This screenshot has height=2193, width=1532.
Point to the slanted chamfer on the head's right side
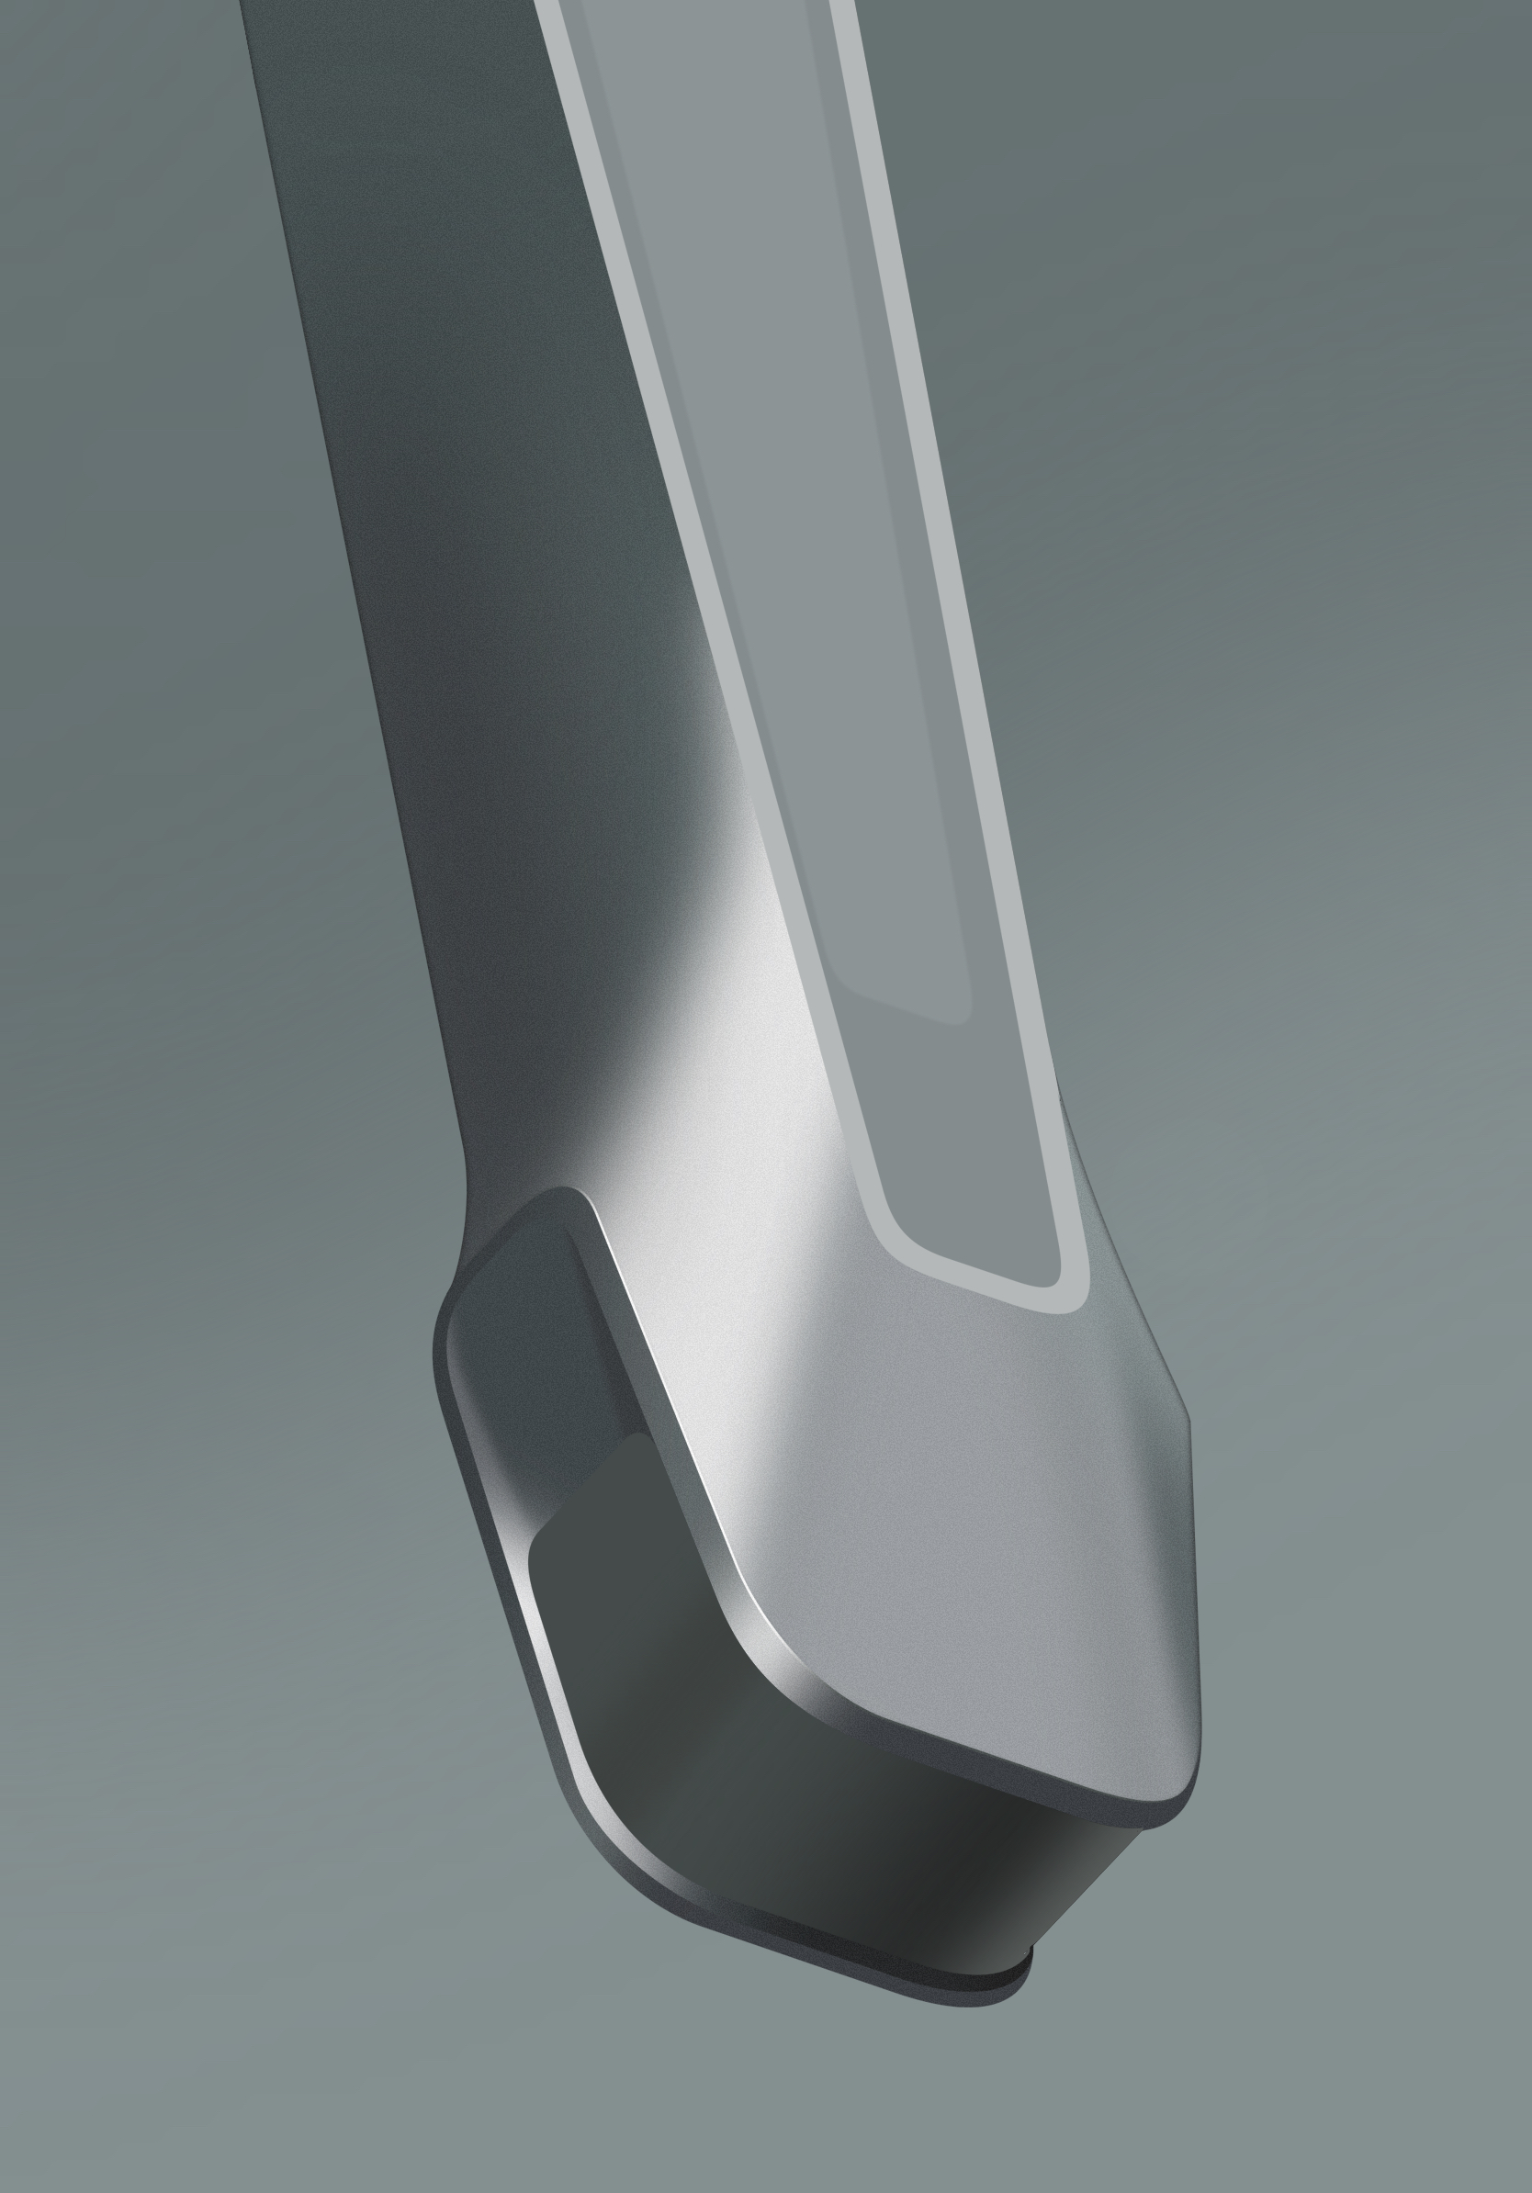(1127, 1270)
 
